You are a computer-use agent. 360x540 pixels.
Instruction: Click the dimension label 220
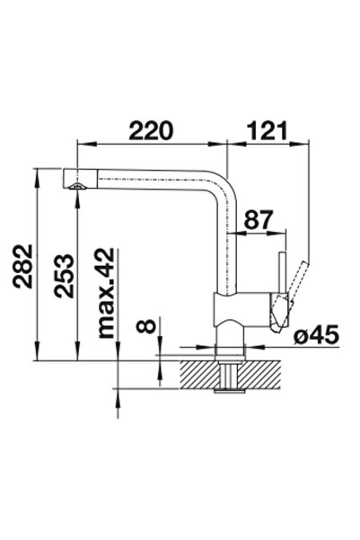(151, 130)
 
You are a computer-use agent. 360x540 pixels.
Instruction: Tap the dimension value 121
(267, 130)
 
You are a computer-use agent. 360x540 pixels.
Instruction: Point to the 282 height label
(22, 266)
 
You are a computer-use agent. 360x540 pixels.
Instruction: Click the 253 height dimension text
(64, 276)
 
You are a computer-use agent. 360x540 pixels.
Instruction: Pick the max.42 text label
(106, 293)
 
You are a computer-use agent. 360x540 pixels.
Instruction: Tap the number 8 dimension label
(145, 326)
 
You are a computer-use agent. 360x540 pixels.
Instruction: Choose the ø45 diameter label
(317, 334)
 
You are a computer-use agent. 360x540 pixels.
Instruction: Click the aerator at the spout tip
(77, 186)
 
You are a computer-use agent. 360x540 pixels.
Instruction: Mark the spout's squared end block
(80, 178)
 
